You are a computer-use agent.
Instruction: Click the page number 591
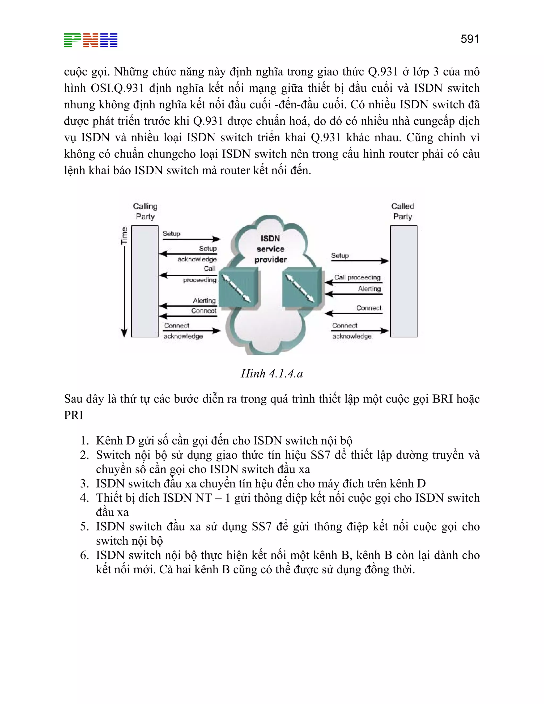[470, 39]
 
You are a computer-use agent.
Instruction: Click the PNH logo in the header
[91, 40]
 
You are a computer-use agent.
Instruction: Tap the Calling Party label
[145, 211]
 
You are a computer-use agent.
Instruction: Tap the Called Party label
[402, 211]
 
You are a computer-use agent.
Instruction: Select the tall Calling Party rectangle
[145, 281]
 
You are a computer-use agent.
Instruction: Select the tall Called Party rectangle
[403, 281]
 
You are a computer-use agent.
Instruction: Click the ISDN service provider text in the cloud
[270, 249]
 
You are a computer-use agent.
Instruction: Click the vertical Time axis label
[124, 235]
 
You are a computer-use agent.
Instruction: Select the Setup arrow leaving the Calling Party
[192, 239]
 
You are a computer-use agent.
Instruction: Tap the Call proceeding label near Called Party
[357, 277]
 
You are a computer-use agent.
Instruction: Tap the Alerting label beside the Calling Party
[204, 300]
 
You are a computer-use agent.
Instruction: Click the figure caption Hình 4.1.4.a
[272, 374]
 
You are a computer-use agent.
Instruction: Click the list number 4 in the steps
[84, 498]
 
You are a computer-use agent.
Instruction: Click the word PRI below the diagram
[74, 415]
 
